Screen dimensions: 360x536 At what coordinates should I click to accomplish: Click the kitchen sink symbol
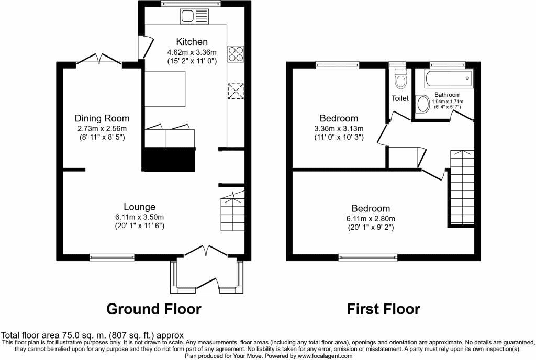(x=194, y=17)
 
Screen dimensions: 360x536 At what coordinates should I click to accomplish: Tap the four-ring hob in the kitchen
(x=235, y=53)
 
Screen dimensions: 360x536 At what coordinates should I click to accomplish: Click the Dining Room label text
(x=102, y=118)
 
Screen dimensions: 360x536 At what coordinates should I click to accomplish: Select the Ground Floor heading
(x=153, y=309)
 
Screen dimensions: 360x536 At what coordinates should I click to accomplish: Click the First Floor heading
(x=383, y=309)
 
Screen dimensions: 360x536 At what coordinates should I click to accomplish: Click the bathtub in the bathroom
(x=449, y=80)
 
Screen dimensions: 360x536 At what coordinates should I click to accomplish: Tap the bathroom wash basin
(x=422, y=104)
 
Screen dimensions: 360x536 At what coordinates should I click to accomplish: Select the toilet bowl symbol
(x=401, y=81)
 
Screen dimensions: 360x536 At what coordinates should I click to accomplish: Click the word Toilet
(x=400, y=98)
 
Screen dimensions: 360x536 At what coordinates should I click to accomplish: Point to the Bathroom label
(x=447, y=95)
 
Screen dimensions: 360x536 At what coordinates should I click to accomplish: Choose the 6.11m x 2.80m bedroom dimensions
(x=371, y=219)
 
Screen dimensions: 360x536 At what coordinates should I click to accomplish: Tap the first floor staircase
(x=462, y=187)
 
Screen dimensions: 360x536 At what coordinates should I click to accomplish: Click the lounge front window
(x=112, y=256)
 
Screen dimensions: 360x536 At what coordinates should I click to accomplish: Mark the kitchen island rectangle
(x=165, y=88)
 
